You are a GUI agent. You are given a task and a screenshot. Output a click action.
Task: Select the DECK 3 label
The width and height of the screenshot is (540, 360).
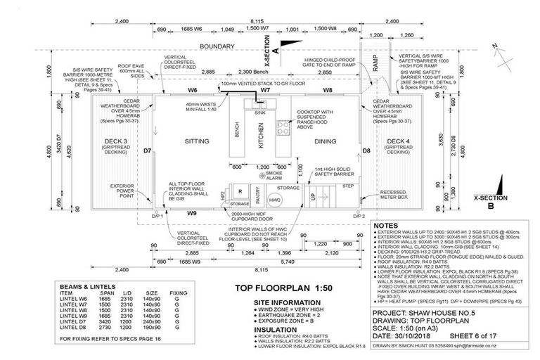115,141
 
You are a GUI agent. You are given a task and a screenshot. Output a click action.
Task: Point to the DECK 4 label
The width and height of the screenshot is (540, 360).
398,141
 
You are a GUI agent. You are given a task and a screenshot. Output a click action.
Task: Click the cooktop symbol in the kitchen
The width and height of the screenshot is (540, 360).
285,128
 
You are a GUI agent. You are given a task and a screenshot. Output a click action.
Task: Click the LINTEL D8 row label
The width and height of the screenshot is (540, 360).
72,328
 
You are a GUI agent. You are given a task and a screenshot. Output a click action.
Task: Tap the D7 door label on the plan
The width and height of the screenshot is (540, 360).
148,151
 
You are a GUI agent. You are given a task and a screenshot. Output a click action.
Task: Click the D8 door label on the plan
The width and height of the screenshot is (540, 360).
366,150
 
